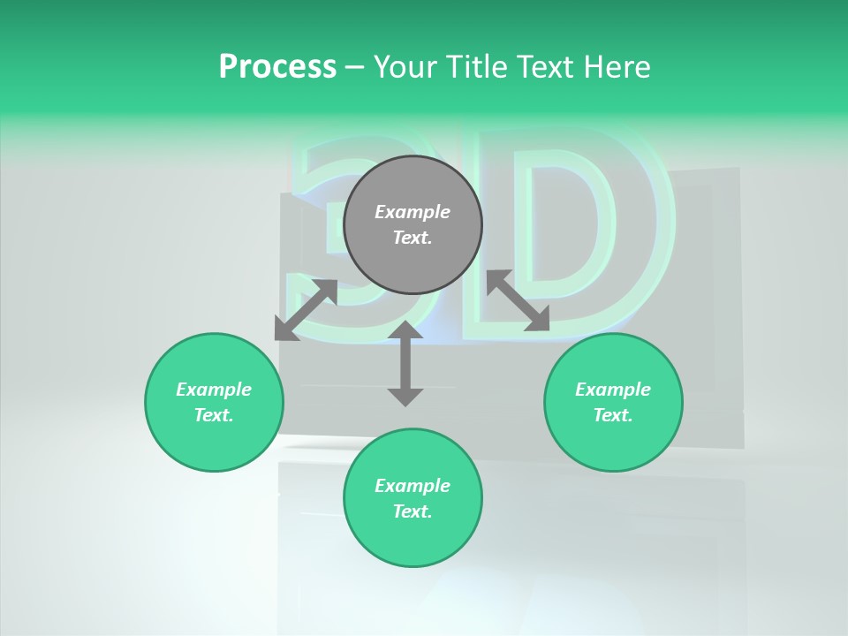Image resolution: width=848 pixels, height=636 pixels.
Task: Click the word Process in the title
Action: click(x=277, y=67)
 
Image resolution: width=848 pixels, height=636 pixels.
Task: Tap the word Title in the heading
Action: click(x=480, y=67)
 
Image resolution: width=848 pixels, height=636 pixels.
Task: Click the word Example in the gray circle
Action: click(x=413, y=212)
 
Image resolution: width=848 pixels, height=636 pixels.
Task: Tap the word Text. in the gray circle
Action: click(x=413, y=238)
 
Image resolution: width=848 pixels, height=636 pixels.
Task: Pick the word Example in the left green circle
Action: click(x=214, y=390)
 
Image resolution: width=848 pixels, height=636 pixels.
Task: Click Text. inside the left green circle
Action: click(x=214, y=415)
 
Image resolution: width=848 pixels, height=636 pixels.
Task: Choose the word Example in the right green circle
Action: click(x=613, y=390)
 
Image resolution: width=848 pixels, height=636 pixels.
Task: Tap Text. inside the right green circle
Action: click(x=613, y=415)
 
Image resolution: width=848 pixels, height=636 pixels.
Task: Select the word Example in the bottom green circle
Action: click(x=413, y=486)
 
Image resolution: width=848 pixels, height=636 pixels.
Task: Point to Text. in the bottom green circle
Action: click(x=413, y=511)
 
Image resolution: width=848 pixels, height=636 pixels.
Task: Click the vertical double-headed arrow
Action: click(x=405, y=363)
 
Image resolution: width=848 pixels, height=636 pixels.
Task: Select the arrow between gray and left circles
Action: click(x=306, y=310)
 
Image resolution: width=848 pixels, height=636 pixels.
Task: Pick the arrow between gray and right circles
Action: click(x=519, y=301)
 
